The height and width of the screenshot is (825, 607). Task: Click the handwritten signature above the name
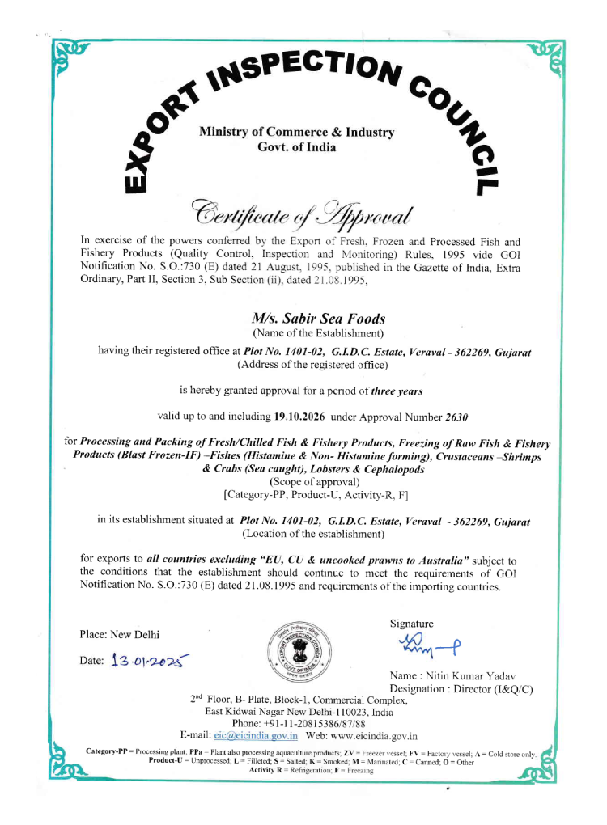429,645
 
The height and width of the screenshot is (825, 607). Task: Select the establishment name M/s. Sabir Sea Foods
318,319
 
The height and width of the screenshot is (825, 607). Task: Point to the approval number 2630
456,417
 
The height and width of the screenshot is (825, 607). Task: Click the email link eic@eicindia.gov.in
256,735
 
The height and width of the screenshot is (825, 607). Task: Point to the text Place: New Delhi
120,633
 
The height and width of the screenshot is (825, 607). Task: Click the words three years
397,391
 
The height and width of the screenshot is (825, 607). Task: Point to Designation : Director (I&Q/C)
461,689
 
